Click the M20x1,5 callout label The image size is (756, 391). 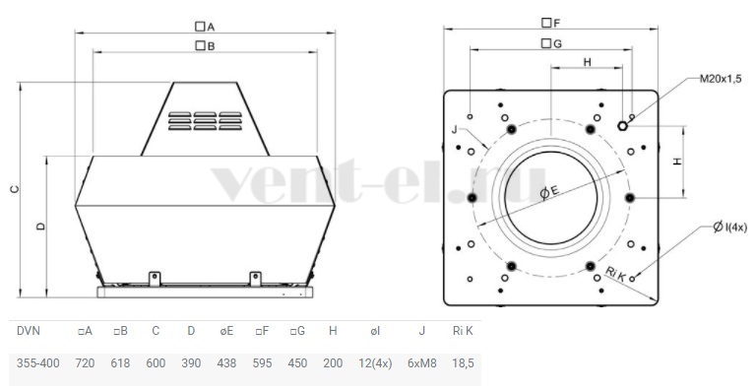(721, 79)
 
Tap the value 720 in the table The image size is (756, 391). (85, 363)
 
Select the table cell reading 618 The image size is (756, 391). (120, 363)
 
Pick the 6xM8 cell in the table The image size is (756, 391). (422, 363)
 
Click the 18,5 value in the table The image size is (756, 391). (463, 363)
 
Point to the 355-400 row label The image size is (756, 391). (38, 363)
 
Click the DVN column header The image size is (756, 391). (29, 331)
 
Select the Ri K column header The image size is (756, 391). (463, 331)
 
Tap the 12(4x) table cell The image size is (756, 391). (375, 363)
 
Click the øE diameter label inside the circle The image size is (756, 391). (548, 192)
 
